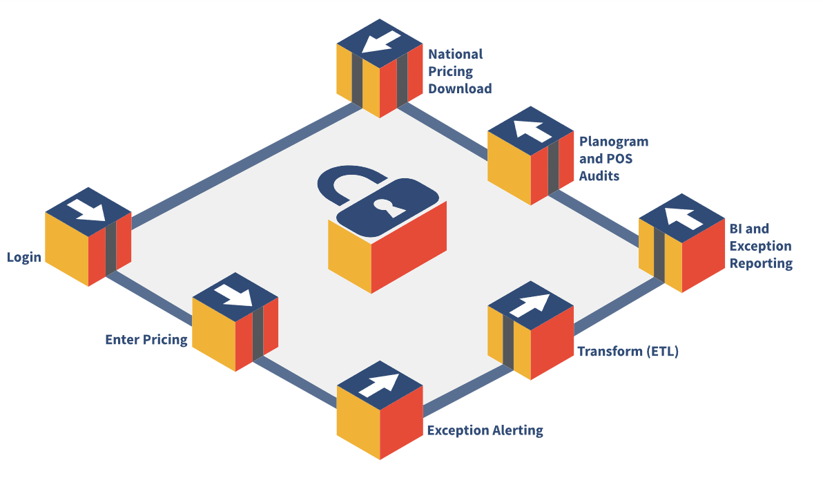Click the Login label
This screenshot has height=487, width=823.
coord(24,258)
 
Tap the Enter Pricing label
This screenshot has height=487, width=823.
coord(146,339)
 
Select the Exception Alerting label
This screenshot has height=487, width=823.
coord(485,430)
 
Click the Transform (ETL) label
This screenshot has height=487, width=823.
coord(628,351)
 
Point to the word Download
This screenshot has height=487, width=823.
coord(460,88)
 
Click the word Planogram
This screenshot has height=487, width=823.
coord(614,142)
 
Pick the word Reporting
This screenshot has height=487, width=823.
coord(761,263)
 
